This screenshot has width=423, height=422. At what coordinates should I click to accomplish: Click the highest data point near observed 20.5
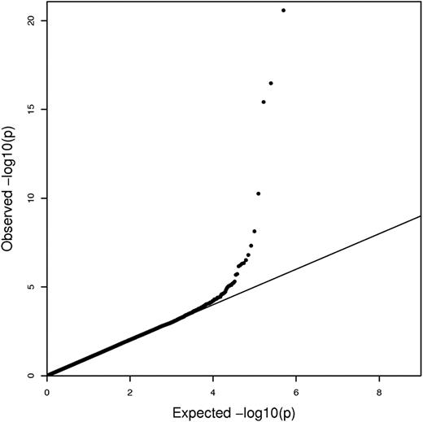283,11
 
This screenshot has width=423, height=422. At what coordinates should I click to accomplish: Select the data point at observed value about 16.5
271,83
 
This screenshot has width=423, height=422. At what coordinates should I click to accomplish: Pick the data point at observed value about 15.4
264,102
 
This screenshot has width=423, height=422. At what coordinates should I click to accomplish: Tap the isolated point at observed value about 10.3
258,194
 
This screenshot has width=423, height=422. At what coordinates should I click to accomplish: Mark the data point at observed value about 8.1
255,231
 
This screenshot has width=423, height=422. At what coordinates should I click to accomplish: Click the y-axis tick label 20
30,20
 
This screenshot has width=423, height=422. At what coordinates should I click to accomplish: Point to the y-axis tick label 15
30,109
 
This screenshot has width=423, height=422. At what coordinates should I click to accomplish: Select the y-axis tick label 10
30,198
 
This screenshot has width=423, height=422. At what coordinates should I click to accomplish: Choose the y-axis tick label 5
30,287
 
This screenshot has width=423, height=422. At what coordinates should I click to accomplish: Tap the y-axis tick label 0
30,376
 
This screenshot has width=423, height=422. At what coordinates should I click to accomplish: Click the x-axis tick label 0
47,393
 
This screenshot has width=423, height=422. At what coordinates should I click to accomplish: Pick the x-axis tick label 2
130,393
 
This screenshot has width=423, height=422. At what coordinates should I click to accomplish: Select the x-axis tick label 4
213,393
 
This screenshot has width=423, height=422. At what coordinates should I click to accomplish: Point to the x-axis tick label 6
296,393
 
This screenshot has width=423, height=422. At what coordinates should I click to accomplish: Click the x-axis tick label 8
379,393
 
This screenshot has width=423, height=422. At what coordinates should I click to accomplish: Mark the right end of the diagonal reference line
420,216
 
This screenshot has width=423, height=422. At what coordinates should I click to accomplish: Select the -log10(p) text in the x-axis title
259,412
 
